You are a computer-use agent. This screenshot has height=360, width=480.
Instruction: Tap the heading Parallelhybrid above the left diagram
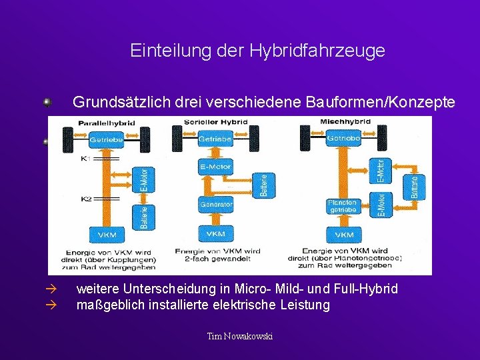pos(107,123)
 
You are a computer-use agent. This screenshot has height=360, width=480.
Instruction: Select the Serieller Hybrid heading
pos(215,122)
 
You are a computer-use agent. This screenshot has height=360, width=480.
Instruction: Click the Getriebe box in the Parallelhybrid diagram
pos(106,141)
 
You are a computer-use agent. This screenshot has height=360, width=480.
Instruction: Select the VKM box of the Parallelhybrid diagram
pos(106,235)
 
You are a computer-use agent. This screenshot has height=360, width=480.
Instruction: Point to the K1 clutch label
pos(86,159)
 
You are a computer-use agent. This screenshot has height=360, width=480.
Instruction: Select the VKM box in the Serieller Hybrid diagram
pos(215,235)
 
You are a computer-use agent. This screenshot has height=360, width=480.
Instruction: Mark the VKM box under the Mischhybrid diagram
pos(343,235)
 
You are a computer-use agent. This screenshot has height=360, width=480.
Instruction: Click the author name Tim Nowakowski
pos(240,336)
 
